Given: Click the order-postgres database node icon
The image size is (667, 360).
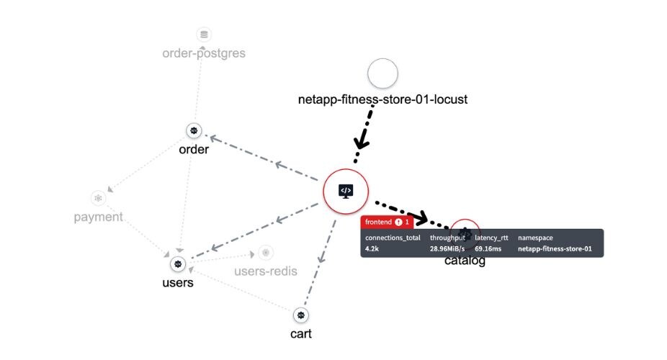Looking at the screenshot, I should pyautogui.click(x=204, y=34).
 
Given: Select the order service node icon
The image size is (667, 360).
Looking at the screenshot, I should pyautogui.click(x=194, y=130).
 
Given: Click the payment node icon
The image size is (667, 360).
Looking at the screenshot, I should pyautogui.click(x=98, y=197).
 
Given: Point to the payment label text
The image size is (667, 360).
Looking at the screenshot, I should pyautogui.click(x=98, y=217).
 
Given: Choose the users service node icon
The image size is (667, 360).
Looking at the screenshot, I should pyautogui.click(x=178, y=264).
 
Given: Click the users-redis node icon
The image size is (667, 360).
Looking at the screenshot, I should pyautogui.click(x=266, y=253).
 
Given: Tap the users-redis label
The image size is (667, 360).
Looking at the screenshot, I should pyautogui.click(x=265, y=271).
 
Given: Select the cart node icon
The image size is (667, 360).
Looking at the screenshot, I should pyautogui.click(x=300, y=315).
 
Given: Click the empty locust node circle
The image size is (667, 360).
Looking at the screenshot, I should pyautogui.click(x=382, y=74).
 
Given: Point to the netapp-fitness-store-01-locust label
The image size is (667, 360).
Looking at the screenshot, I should pyautogui.click(x=382, y=99).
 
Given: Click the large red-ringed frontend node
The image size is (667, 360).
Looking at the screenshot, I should pyautogui.click(x=346, y=191).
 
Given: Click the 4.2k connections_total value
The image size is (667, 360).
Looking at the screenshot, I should pyautogui.click(x=372, y=249).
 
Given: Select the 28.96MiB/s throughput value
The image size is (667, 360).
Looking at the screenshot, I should pyautogui.click(x=449, y=249).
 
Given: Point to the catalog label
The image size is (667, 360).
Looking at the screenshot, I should pyautogui.click(x=465, y=261).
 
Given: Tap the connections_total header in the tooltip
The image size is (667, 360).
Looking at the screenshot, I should pyautogui.click(x=393, y=237).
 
